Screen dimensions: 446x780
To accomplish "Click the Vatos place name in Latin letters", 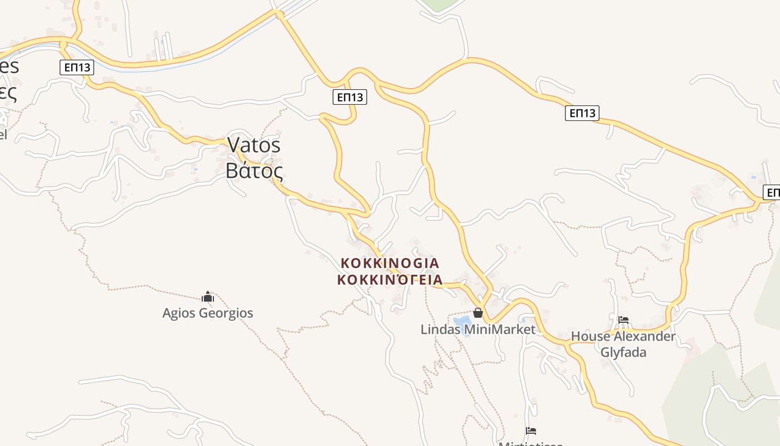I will tap(254, 145).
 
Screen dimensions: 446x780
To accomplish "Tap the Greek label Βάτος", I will tap(254, 170).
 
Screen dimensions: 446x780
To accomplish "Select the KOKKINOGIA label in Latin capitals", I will tap(389, 263).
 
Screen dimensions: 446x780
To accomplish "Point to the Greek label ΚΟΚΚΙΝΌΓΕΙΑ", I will tap(389, 279).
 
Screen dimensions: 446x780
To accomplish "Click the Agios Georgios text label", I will tap(207, 313).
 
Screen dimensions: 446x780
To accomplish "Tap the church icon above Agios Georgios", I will tap(208, 297).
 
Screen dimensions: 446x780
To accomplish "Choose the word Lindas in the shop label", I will tap(441, 329).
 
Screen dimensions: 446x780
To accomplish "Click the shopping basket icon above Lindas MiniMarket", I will tap(477, 313).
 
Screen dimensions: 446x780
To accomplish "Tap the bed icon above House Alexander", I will tap(623, 320).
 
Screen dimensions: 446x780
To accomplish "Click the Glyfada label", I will tap(623, 352).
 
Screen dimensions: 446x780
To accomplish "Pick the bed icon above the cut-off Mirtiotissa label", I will tap(531, 430).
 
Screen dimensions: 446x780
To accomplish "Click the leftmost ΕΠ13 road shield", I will tap(77, 67).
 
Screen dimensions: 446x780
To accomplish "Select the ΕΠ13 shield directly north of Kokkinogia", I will tap(350, 97).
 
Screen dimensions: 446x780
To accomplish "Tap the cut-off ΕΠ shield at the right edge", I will tap(772, 193).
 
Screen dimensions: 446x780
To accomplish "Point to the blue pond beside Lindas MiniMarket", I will tap(462, 322).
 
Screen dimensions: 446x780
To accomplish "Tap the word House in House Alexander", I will tap(590, 337).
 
